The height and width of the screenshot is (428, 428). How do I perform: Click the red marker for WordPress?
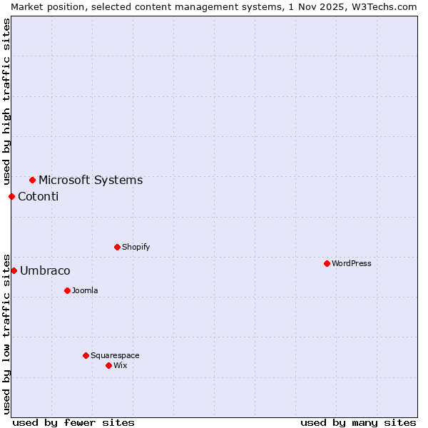[327, 263]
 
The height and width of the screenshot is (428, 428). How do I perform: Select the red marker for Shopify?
[117, 247]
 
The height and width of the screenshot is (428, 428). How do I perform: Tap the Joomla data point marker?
[67, 290]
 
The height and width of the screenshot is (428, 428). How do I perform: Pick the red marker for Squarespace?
[86, 355]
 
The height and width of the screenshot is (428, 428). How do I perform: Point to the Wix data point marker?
[108, 365]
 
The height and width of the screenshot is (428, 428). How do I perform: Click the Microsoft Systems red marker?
[32, 180]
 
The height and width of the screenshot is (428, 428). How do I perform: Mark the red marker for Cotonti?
[11, 196]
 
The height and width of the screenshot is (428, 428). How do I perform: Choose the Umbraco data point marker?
[14, 270]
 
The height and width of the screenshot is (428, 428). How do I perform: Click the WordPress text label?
[352, 263]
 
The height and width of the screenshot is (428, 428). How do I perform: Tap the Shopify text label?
[136, 247]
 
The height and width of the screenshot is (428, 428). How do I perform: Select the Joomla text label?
[85, 290]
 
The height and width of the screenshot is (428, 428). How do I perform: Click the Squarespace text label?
[115, 355]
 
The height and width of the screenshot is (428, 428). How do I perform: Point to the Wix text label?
[121, 365]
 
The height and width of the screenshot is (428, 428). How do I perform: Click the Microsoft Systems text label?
[91, 180]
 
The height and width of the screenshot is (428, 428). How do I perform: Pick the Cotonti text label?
[39, 196]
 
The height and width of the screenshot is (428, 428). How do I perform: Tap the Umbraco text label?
[45, 270]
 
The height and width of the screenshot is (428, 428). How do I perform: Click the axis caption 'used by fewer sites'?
[73, 422]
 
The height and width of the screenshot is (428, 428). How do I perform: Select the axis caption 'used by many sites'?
[358, 422]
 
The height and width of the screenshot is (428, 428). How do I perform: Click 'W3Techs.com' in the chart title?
[388, 6]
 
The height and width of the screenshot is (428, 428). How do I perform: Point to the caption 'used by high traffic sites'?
[6, 103]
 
